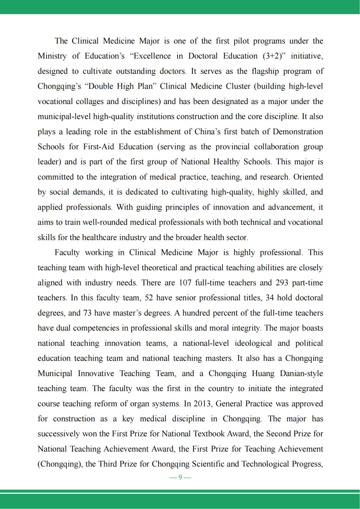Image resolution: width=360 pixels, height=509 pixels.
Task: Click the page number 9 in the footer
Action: [x=180, y=477]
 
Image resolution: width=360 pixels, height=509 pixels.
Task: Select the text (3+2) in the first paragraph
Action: [x=273, y=56]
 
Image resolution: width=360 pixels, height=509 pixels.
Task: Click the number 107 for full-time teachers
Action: [x=185, y=283]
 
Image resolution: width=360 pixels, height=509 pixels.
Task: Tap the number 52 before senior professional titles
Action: [x=149, y=298]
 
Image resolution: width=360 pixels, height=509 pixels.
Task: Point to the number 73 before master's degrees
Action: [x=87, y=313]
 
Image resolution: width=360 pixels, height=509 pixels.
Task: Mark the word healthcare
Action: [x=99, y=238]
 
